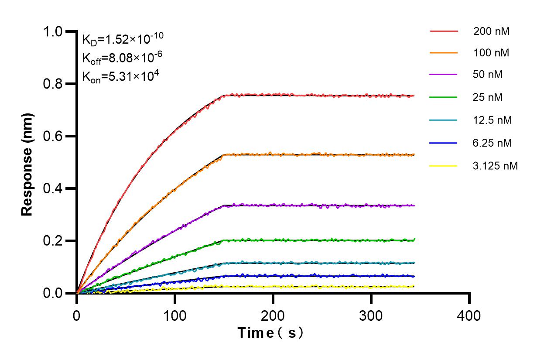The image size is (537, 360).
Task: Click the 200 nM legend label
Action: coord(491,31)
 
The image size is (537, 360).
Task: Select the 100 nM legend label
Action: coord(491,53)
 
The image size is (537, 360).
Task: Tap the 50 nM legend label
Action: coord(488,75)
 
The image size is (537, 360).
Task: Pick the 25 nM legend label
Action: coord(488,97)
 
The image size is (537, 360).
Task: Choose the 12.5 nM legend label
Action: coord(493,120)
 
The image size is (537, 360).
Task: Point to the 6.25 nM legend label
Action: coord(493,143)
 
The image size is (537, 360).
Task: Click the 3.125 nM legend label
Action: coord(496,166)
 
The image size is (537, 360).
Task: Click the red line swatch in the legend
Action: coord(444,31)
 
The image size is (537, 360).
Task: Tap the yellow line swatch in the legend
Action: coord(444,166)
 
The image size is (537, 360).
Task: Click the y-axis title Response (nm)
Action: coord(27,164)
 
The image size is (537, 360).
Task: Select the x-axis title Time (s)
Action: coord(270,333)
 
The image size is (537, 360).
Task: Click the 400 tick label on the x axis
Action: coord(469,315)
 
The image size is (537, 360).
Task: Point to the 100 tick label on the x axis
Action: coord(175,315)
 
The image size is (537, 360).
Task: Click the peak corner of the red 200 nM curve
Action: coord(223,95)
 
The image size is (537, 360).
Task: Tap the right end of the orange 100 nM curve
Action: coord(414,154)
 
